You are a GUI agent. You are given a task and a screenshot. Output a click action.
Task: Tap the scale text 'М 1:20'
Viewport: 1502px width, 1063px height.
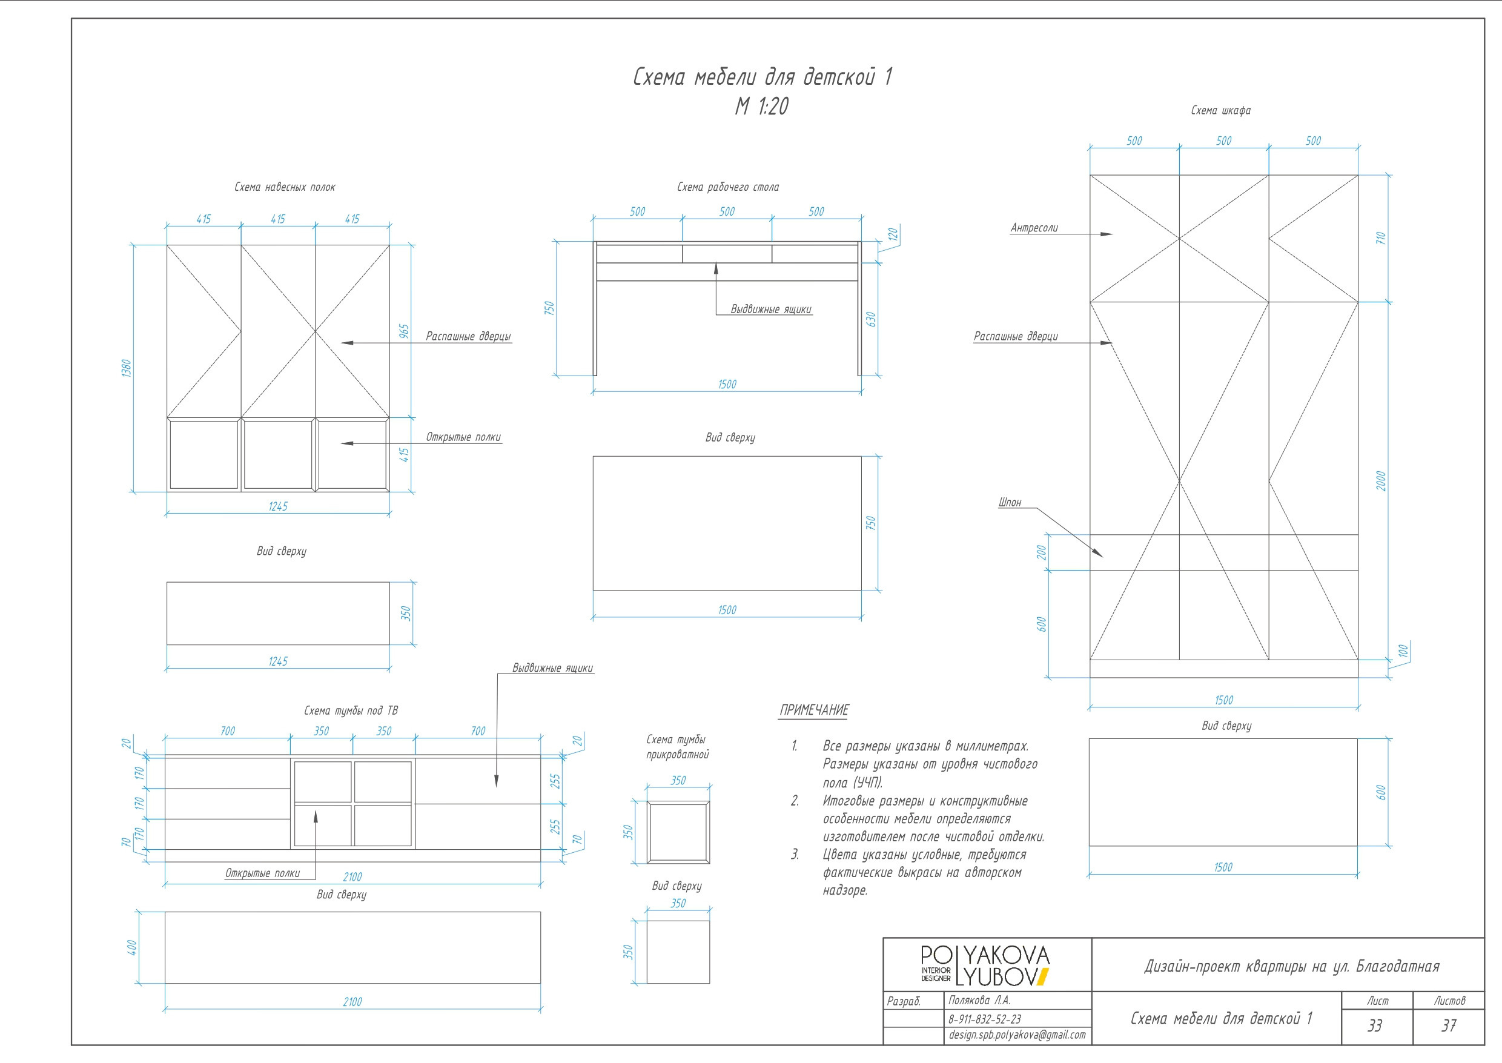pyautogui.click(x=762, y=106)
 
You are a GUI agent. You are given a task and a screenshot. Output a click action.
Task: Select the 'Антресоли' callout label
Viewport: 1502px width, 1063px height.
pyautogui.click(x=1034, y=228)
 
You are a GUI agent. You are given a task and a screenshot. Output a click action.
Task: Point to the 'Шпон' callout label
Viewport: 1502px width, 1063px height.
pyautogui.click(x=1010, y=503)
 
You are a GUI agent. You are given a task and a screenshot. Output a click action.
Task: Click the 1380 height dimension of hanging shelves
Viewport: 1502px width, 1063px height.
pyautogui.click(x=127, y=368)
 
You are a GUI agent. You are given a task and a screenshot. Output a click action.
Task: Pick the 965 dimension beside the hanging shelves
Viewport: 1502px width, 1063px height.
pyautogui.click(x=404, y=332)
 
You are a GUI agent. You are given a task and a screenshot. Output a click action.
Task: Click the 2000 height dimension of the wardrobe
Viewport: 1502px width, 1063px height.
pyautogui.click(x=1381, y=481)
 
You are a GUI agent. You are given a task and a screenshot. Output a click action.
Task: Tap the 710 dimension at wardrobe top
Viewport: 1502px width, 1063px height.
pyautogui.click(x=1381, y=238)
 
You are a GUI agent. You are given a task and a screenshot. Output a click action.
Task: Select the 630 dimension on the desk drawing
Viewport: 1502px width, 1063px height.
pyautogui.click(x=870, y=319)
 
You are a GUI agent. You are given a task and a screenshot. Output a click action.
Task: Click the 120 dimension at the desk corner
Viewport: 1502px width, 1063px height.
pyautogui.click(x=893, y=234)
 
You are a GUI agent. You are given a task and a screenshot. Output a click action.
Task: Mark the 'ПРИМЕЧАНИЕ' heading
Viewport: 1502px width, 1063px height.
pyautogui.click(x=814, y=710)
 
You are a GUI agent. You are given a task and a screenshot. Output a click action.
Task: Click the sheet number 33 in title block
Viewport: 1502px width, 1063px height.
pyautogui.click(x=1375, y=1025)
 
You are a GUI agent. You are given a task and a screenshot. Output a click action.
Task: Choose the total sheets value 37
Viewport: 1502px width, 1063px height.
pyautogui.click(x=1449, y=1025)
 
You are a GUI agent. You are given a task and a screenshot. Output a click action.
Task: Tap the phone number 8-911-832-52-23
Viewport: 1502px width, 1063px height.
pyautogui.click(x=984, y=1019)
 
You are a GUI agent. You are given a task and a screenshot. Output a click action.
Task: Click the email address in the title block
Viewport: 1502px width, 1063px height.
pyautogui.click(x=1017, y=1035)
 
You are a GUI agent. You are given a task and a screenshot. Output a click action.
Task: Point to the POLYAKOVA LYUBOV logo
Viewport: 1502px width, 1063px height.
pyautogui.click(x=984, y=965)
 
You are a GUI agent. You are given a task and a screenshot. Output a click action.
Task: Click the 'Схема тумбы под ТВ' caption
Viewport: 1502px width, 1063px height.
pyautogui.click(x=351, y=711)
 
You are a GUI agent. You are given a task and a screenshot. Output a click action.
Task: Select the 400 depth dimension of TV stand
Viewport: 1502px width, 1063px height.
pyautogui.click(x=131, y=947)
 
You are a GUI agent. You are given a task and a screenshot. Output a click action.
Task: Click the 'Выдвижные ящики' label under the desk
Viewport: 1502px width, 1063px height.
pyautogui.click(x=771, y=310)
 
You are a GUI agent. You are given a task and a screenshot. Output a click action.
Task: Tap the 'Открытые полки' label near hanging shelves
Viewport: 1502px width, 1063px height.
pyautogui.click(x=463, y=437)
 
